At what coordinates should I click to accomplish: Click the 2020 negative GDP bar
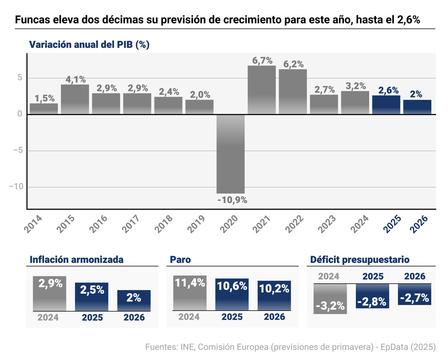click(x=231, y=154)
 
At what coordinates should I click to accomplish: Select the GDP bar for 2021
click(x=262, y=90)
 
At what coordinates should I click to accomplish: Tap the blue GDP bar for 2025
click(x=386, y=105)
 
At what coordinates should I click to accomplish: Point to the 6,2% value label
click(x=293, y=64)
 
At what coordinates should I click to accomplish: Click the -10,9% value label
click(x=232, y=200)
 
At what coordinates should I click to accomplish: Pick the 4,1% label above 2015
click(x=75, y=79)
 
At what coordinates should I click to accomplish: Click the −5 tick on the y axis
click(x=17, y=151)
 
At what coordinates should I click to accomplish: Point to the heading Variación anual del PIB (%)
click(x=89, y=44)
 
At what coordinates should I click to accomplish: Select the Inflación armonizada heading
click(x=76, y=260)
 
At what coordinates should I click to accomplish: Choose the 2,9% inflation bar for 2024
click(x=49, y=294)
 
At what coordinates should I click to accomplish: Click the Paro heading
click(x=180, y=260)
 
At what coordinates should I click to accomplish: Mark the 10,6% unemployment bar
click(x=232, y=294)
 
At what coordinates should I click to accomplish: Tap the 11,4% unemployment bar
click(x=190, y=293)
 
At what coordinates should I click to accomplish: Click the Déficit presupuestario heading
click(x=360, y=260)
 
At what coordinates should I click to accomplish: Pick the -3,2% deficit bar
click(x=330, y=299)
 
